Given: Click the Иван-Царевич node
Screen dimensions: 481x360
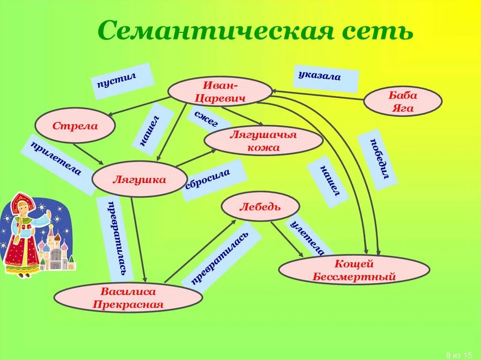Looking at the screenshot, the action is pyautogui.click(x=220, y=91).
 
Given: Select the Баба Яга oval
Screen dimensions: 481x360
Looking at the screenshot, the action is pyautogui.click(x=403, y=101).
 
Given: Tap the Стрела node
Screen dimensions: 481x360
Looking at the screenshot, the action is pyautogui.click(x=75, y=125).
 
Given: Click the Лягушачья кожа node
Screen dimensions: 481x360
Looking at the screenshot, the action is pyautogui.click(x=264, y=141).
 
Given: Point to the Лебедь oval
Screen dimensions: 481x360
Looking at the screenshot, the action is pyautogui.click(x=260, y=207).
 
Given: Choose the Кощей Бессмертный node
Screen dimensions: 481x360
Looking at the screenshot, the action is pyautogui.click(x=354, y=270).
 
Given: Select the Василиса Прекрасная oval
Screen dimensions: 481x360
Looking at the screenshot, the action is pyautogui.click(x=128, y=298).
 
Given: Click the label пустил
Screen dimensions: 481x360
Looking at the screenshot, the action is pyautogui.click(x=122, y=81).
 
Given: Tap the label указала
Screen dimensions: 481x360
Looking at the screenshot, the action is pyautogui.click(x=325, y=77).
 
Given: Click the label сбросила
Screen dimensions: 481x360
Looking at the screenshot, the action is pyautogui.click(x=214, y=180).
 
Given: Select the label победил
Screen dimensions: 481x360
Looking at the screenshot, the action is pyautogui.click(x=378, y=159).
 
